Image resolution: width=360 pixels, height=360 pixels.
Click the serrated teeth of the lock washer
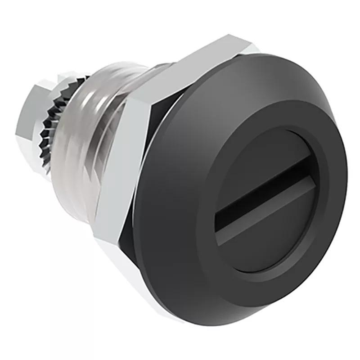tap(49, 121)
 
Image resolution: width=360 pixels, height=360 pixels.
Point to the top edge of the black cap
tap(270, 56)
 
